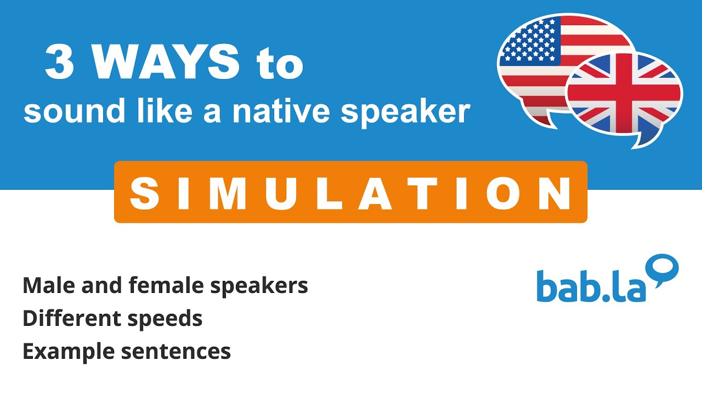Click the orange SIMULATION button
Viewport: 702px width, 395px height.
click(x=350, y=192)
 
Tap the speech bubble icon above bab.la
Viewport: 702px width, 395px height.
click(x=663, y=269)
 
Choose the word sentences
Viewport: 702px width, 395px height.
click(x=176, y=351)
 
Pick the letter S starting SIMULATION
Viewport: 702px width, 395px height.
click(x=141, y=193)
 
